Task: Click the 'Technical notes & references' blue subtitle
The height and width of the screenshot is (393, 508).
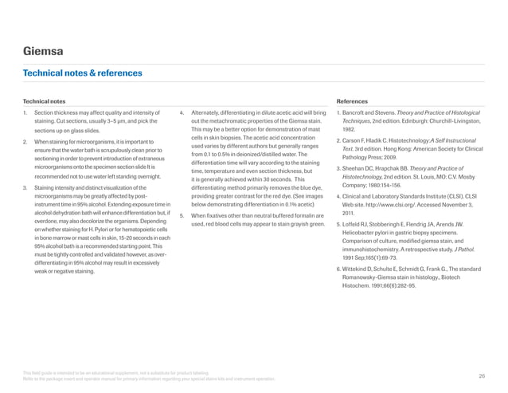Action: point(82,73)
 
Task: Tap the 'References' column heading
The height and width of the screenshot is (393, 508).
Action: point(353,102)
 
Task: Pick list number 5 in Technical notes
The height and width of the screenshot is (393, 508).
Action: point(182,194)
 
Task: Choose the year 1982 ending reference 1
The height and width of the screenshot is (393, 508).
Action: point(349,130)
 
